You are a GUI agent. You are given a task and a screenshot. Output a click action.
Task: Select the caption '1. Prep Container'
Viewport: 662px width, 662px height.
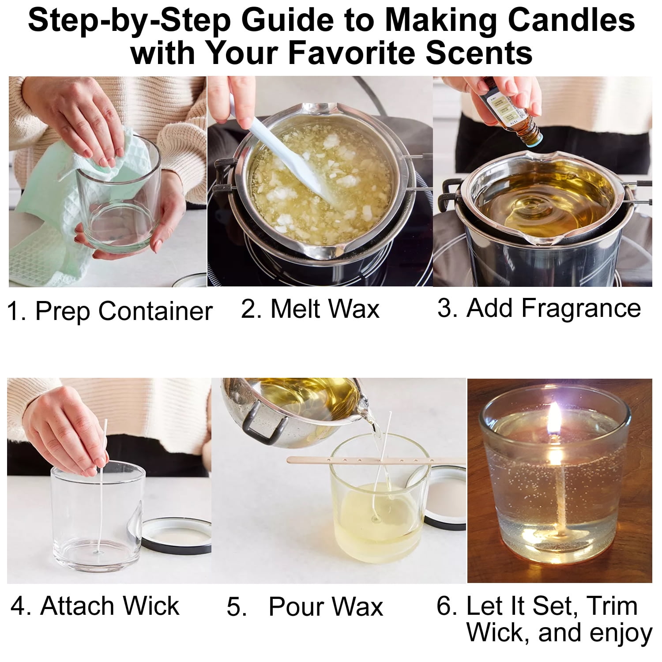coord(110,311)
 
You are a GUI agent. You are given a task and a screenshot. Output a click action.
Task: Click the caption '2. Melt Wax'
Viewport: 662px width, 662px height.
coord(310,308)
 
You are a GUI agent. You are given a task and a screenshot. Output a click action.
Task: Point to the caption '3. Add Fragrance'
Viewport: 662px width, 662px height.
coord(539,308)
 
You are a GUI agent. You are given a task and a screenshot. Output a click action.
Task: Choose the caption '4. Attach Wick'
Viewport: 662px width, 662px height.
coord(95,606)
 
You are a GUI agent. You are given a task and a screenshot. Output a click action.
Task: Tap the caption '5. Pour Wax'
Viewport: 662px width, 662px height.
coord(305,606)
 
